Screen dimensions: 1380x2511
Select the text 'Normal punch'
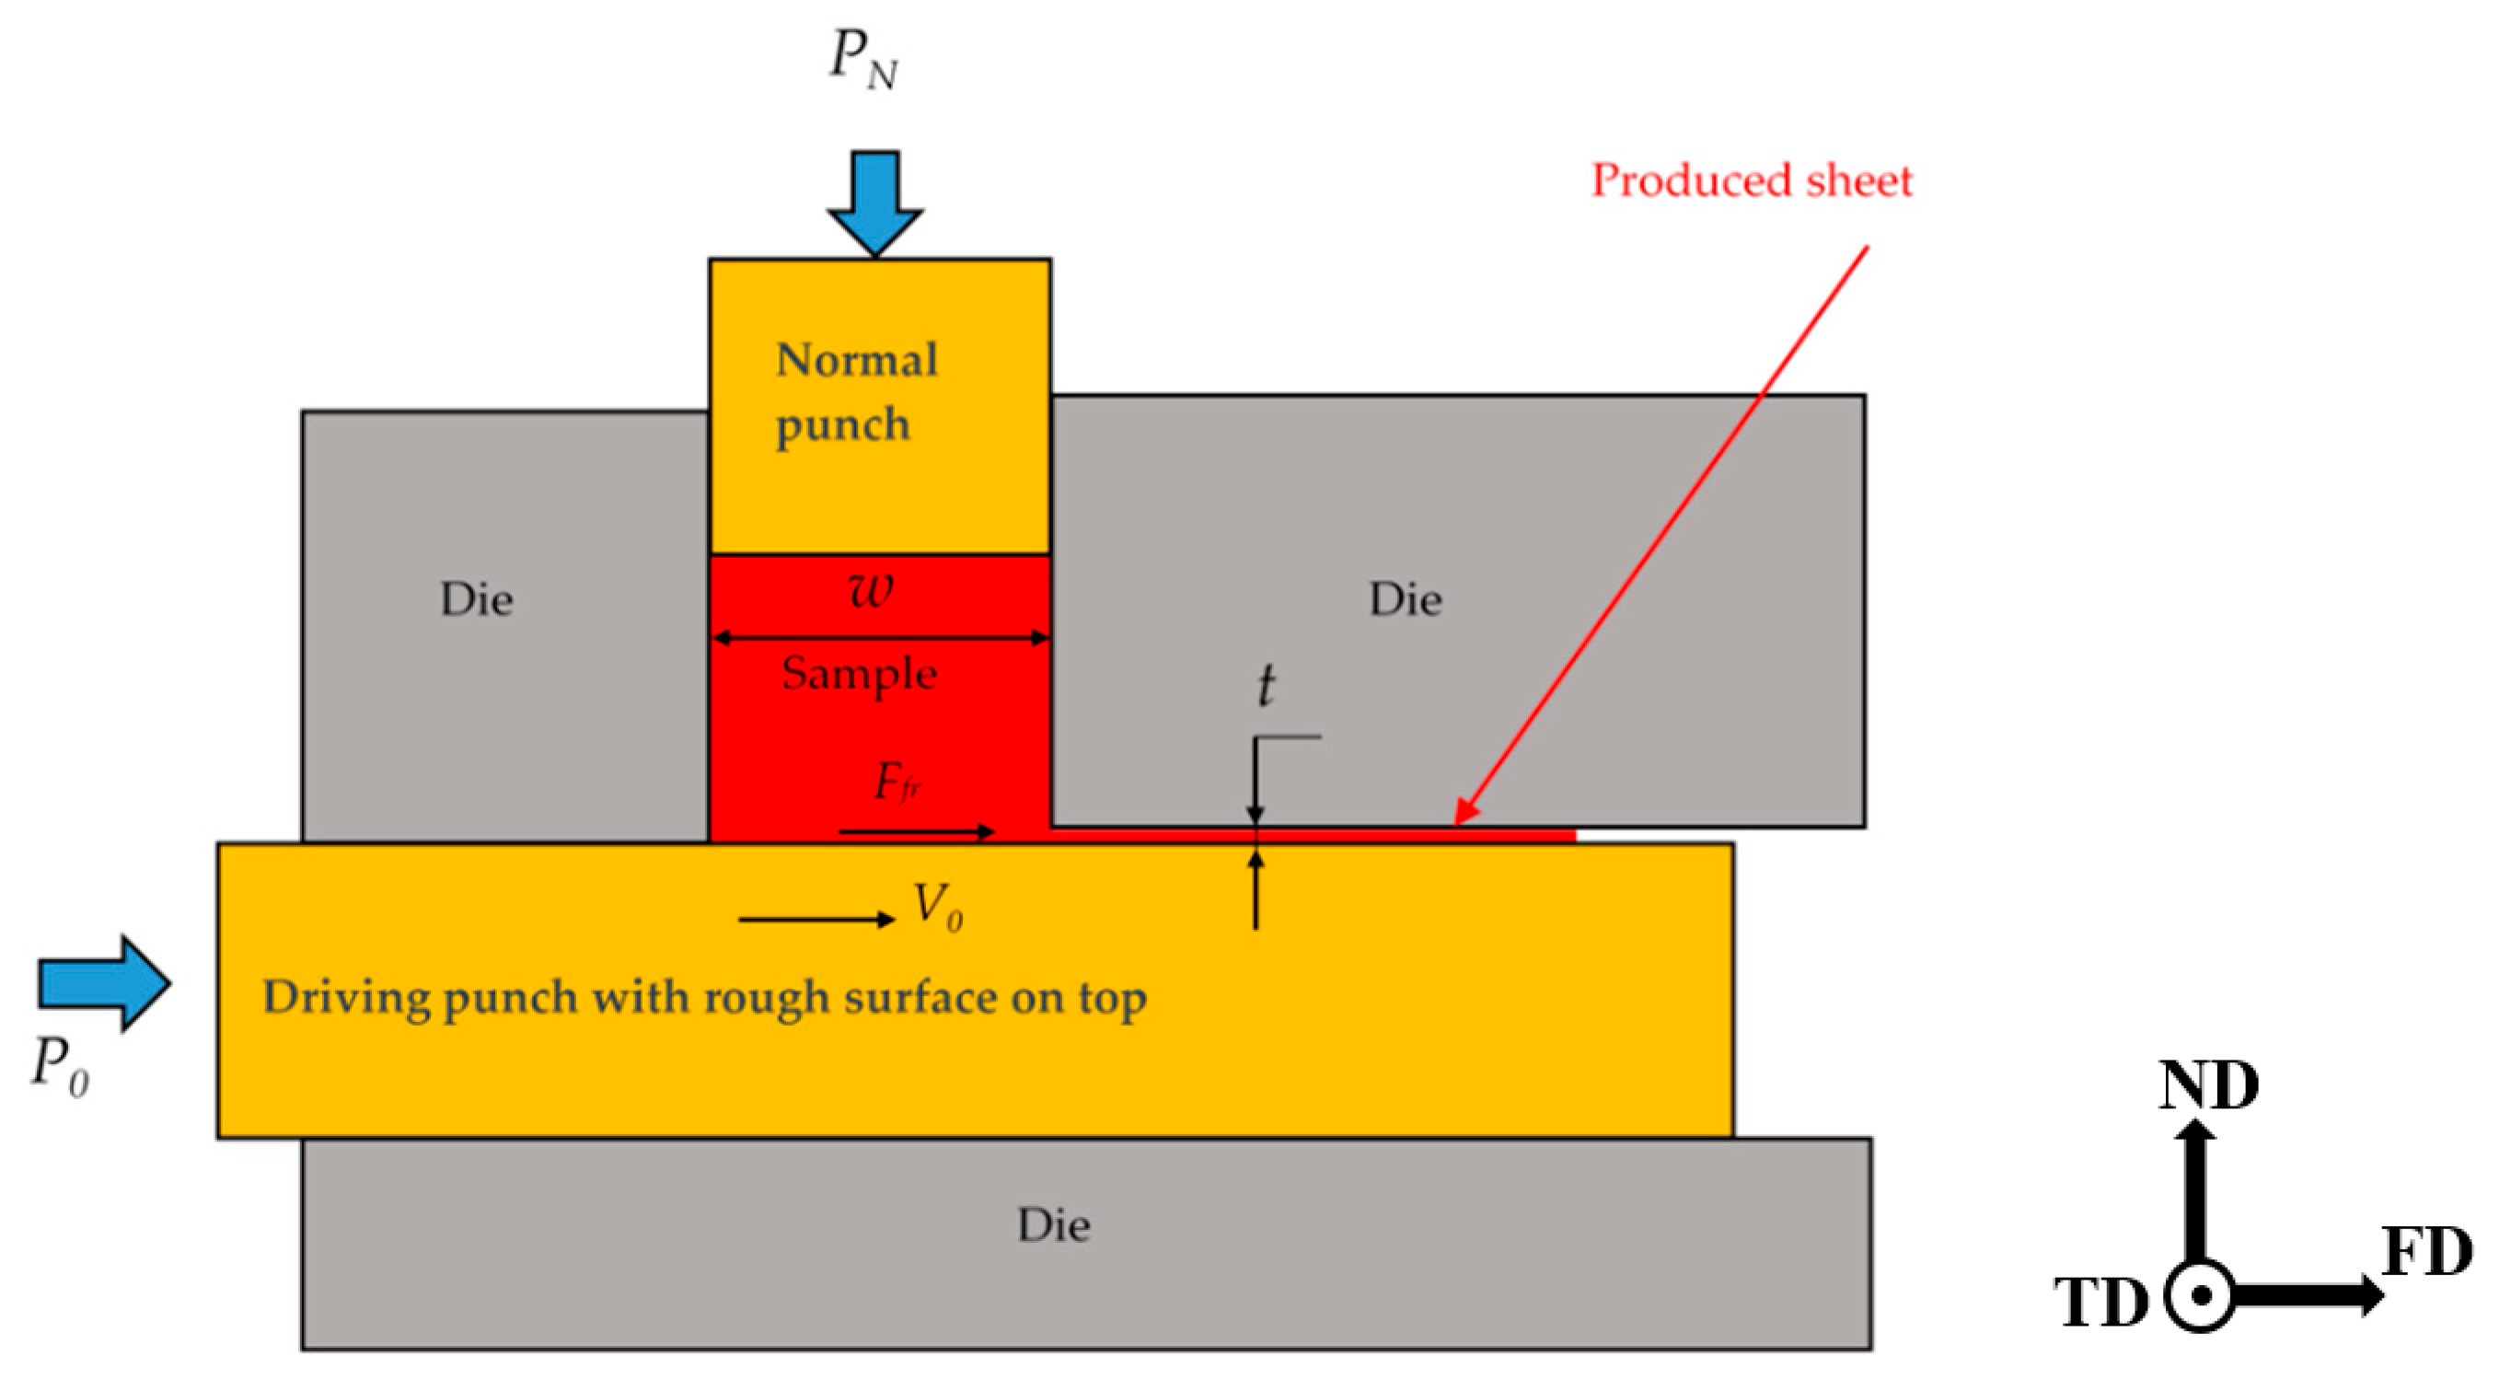[856, 392]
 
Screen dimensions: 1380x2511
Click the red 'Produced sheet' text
[1752, 180]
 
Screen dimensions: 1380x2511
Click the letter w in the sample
[870, 589]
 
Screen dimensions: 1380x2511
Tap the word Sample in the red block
[859, 674]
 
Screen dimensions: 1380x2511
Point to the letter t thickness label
[1266, 686]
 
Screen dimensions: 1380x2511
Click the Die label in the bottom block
[1054, 1225]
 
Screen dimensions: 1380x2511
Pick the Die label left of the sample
[477, 598]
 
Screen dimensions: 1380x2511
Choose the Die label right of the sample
[1405, 598]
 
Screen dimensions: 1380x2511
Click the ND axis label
[2208, 1084]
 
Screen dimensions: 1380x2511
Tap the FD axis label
[2426, 1251]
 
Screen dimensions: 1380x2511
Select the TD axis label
[2100, 1302]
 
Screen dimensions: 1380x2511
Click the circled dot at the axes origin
[2200, 1296]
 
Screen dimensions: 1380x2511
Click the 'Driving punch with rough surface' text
[704, 998]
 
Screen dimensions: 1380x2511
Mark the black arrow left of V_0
[816, 919]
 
